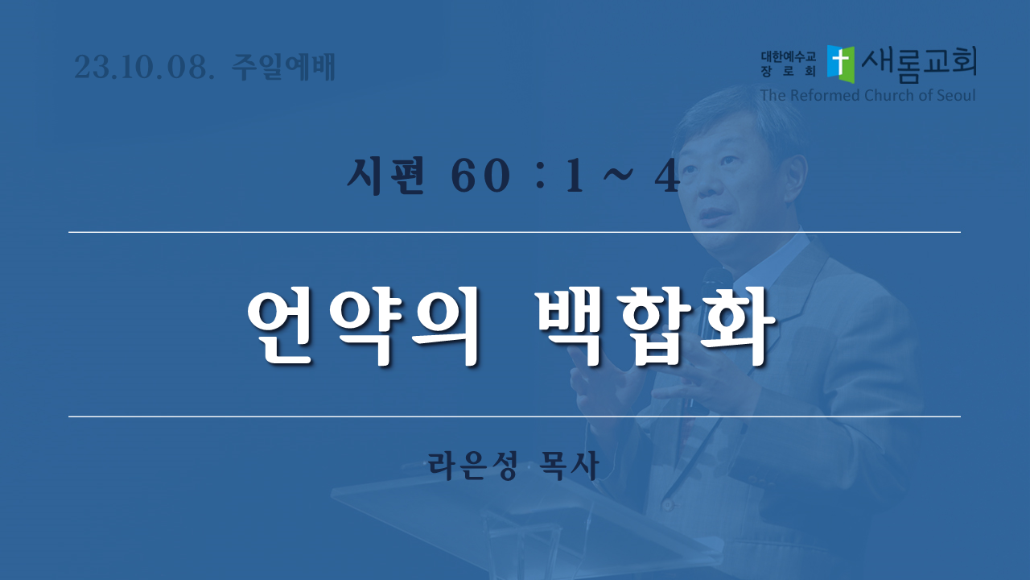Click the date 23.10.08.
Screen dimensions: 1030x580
[x=144, y=67]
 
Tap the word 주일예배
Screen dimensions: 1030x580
[x=282, y=67]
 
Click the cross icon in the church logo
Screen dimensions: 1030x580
[x=841, y=64]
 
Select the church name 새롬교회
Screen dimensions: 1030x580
[x=919, y=65]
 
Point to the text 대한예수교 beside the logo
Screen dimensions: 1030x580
[x=788, y=57]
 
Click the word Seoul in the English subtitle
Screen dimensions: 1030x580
[x=955, y=95]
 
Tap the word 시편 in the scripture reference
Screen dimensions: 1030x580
[x=385, y=176]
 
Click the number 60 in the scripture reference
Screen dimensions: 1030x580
[x=480, y=176]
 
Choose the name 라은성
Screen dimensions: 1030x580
[x=472, y=466]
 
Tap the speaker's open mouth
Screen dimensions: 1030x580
[x=713, y=215]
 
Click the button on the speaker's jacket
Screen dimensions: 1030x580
[x=668, y=505]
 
